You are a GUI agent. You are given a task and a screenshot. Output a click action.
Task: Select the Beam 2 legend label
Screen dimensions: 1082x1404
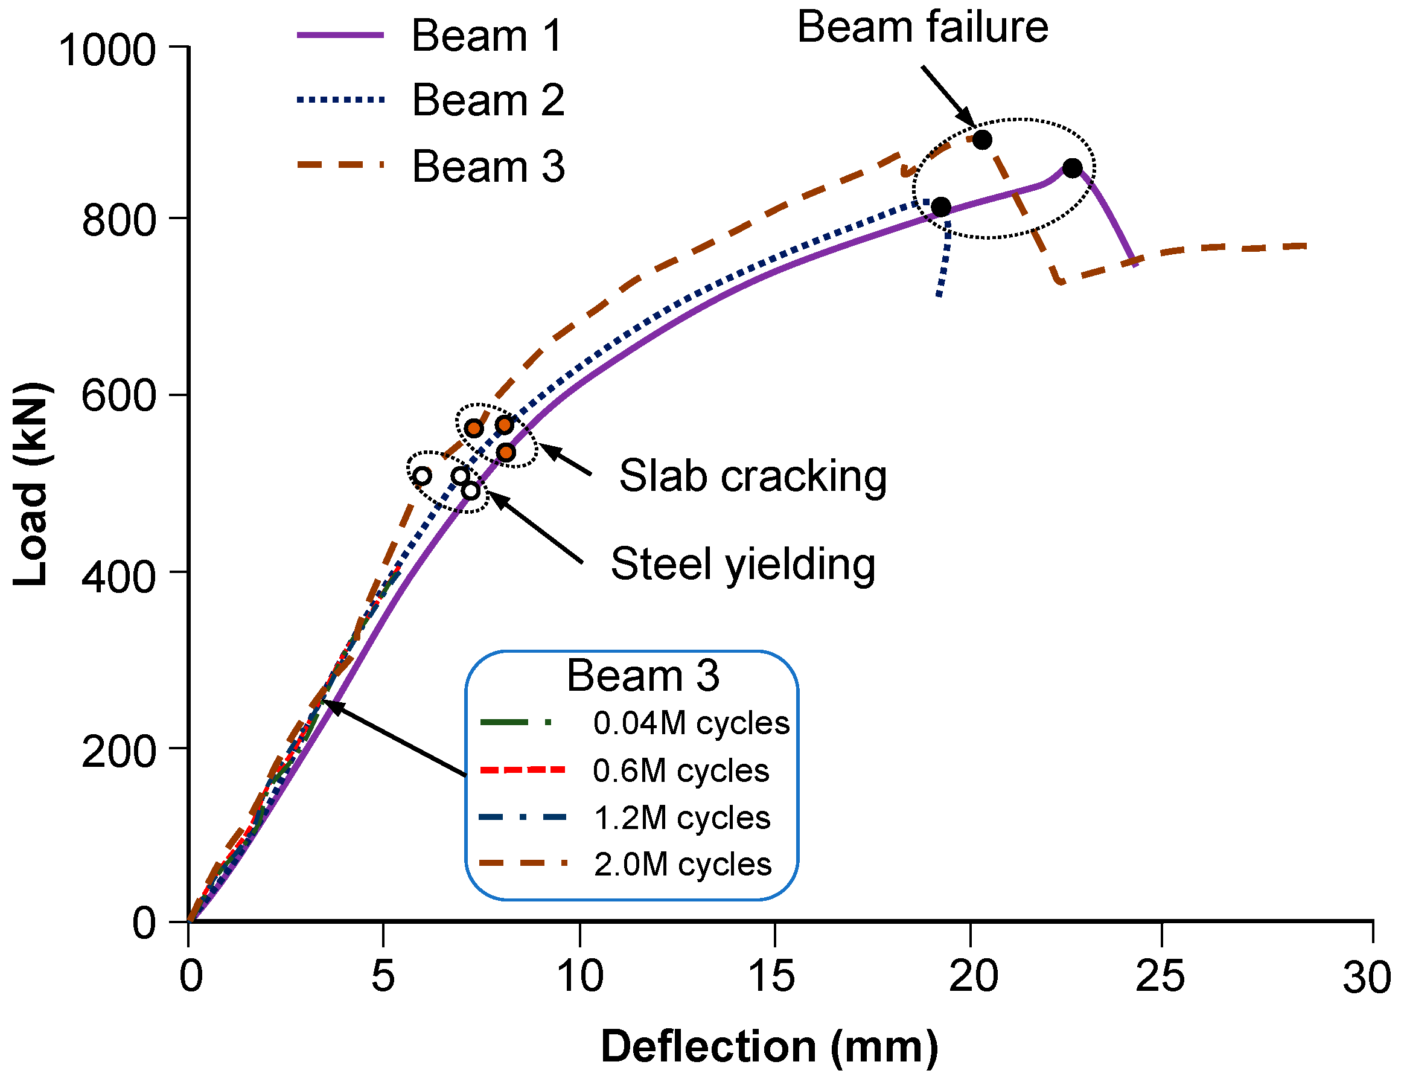[x=488, y=101]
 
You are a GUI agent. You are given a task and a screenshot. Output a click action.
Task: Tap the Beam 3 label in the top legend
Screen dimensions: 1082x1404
[x=488, y=167]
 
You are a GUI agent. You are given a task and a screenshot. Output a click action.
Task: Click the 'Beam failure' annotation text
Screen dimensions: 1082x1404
[x=922, y=28]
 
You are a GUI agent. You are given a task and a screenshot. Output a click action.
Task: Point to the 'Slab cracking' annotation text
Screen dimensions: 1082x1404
[x=753, y=476]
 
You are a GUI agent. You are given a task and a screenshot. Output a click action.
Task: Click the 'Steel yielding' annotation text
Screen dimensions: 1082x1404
[x=742, y=565]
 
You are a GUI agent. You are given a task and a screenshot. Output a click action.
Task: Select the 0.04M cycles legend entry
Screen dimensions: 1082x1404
[x=691, y=723]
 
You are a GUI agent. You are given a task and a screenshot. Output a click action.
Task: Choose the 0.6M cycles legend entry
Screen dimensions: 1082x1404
[x=681, y=771]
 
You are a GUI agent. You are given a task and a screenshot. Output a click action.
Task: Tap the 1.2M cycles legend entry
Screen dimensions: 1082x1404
[x=682, y=818]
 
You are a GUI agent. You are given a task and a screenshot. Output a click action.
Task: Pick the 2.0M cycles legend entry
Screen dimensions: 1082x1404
[x=683, y=865]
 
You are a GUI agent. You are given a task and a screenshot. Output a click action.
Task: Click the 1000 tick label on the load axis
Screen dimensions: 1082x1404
[x=107, y=50]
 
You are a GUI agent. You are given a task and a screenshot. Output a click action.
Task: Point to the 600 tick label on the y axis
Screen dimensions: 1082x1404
[x=119, y=395]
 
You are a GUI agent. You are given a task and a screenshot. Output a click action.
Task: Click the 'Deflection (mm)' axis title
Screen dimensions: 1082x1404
[x=770, y=1046]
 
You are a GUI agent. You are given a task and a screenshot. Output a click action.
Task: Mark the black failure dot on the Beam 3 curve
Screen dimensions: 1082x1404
[x=981, y=139]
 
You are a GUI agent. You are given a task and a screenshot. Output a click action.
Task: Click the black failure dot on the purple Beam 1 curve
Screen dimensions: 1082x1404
[x=1071, y=168]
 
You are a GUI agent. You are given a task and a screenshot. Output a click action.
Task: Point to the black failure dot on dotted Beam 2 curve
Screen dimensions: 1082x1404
[x=940, y=207]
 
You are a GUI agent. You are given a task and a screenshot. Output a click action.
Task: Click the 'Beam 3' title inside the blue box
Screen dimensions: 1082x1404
[x=642, y=676]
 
